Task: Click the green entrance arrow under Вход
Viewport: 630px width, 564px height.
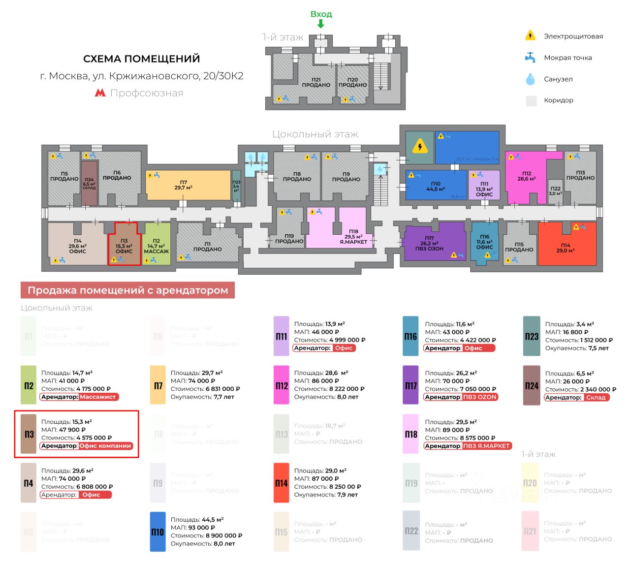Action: (x=320, y=23)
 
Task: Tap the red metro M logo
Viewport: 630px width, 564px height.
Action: (x=100, y=93)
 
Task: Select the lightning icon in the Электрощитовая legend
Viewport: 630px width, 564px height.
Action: (x=530, y=35)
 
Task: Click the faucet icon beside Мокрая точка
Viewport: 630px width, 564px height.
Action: (x=530, y=57)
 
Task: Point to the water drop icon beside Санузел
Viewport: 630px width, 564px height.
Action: (x=530, y=79)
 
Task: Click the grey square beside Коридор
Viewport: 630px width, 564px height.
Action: (x=531, y=100)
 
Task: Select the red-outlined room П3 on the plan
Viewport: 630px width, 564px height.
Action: (x=125, y=245)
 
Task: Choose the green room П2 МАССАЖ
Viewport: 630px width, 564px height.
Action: (x=157, y=245)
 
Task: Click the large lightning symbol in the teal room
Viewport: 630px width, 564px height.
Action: (x=420, y=147)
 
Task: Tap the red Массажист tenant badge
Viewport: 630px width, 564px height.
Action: (x=98, y=397)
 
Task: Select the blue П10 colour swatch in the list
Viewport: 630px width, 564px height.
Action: (x=157, y=532)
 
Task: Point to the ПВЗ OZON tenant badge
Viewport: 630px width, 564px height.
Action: (x=480, y=397)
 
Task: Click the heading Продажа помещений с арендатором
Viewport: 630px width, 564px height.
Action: (x=127, y=290)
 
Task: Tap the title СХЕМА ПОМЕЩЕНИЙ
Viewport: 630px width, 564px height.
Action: (x=141, y=59)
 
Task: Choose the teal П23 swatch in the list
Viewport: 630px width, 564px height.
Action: (x=532, y=336)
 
